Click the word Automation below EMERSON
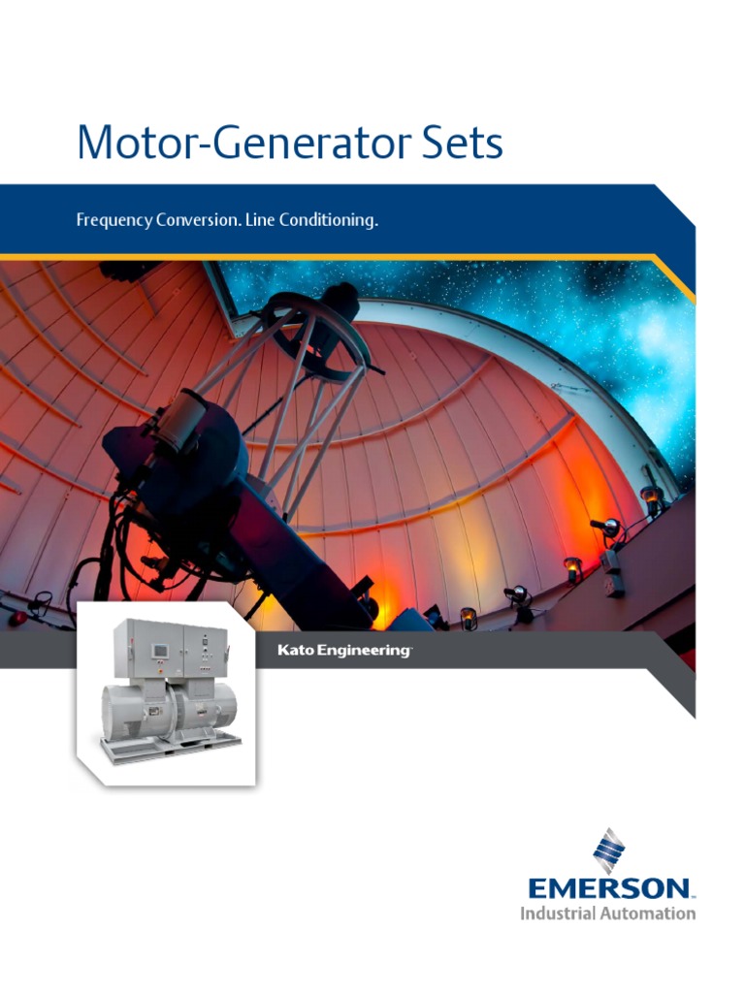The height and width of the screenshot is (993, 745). tap(648, 913)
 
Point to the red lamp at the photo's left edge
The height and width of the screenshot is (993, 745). tap(14, 617)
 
